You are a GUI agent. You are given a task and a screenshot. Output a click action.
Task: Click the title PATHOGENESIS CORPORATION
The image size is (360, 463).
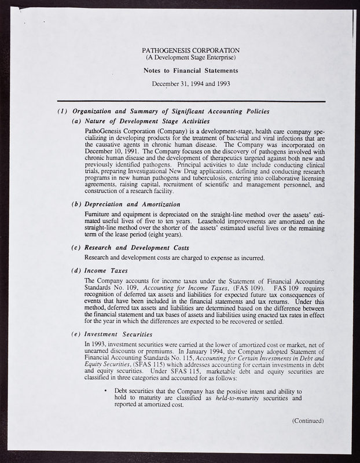pos(190,50)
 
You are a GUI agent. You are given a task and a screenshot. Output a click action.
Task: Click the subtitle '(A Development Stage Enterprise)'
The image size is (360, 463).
pos(190,58)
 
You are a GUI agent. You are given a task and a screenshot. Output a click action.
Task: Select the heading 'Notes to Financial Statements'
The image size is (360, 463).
pos(190,71)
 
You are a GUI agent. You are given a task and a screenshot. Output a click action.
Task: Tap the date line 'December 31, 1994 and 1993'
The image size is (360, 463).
pos(190,83)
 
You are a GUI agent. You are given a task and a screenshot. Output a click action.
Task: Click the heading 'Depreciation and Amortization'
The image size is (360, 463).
pos(132,204)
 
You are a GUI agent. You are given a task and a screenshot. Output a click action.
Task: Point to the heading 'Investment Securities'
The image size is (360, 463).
pos(119,334)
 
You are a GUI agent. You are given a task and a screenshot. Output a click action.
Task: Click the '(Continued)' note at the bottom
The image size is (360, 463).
pos(308,421)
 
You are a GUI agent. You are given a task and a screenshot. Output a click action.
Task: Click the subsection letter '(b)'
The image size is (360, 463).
pos(76,204)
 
